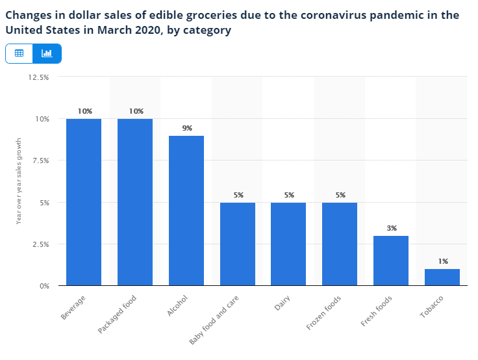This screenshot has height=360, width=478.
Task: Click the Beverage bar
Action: coord(84,202)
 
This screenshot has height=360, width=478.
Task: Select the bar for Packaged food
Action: coord(135,202)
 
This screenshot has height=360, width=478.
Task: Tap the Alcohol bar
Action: coord(186,211)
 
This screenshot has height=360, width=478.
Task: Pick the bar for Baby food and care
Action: coord(238,244)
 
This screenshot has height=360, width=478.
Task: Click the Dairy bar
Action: coord(288,244)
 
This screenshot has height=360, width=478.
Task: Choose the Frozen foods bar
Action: coord(340,244)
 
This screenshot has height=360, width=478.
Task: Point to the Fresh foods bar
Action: coord(391,261)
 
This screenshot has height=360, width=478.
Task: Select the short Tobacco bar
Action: coord(442,277)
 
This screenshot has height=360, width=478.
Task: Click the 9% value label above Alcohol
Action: coord(187,128)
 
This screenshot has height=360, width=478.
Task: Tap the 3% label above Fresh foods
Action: coord(392,228)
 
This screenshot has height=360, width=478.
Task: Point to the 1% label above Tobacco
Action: coord(443,261)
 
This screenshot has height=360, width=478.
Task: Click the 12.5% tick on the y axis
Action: coord(39,77)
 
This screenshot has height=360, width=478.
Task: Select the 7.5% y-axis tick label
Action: coord(40,161)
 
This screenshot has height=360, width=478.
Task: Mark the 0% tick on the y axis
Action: coord(44,286)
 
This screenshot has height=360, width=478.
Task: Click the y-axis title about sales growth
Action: coord(19,181)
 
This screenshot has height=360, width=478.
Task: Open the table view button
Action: coord(19,53)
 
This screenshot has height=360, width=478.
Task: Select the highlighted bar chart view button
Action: coord(47,53)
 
